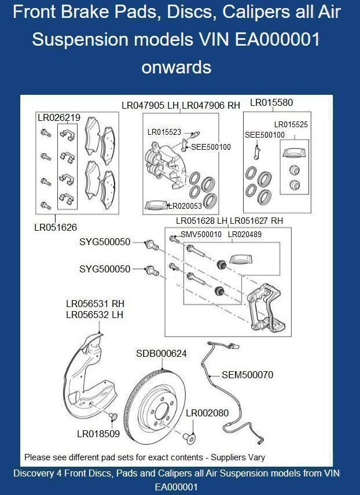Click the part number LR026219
tap(59, 118)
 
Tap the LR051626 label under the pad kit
tap(56, 227)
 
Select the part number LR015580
tap(271, 102)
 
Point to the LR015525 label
tap(291, 125)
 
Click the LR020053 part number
tap(185, 206)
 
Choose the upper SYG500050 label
tap(105, 242)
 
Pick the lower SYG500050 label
tap(105, 269)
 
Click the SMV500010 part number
tap(201, 235)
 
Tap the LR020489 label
tap(245, 235)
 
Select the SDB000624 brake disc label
tap(161, 353)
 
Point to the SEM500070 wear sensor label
tap(248, 375)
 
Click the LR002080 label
tap(207, 413)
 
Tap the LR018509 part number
tap(98, 434)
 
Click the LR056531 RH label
tap(95, 304)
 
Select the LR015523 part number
tap(164, 132)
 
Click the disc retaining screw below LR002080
tap(190, 438)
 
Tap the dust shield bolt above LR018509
tap(113, 417)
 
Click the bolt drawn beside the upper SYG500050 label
tap(152, 245)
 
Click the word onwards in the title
tap(177, 67)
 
